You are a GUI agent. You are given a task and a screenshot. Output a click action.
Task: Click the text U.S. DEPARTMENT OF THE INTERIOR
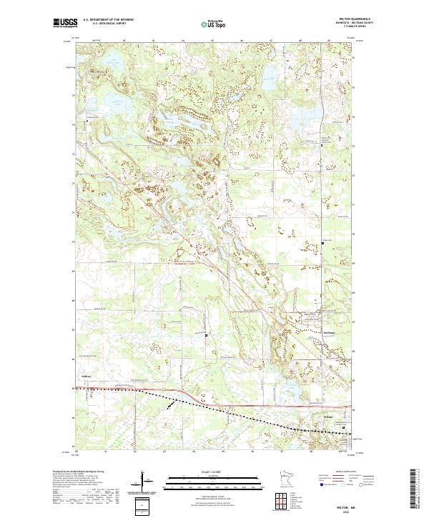click(107, 20)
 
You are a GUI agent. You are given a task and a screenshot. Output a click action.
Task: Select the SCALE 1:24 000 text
click(212, 471)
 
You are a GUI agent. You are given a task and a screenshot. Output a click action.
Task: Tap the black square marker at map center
click(207, 334)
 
